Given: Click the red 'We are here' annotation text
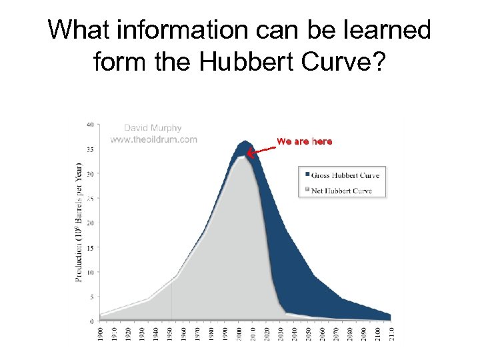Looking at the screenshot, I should (x=304, y=141).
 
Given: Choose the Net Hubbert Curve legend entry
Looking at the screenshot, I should (x=342, y=191).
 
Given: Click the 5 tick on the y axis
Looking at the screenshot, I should (x=91, y=296).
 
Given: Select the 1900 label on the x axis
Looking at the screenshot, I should (x=101, y=333).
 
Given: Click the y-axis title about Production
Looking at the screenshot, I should (x=79, y=222).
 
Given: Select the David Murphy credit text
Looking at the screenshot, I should (x=153, y=128).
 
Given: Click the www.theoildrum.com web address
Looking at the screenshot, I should (x=154, y=139).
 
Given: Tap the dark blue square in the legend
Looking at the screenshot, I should (x=307, y=175).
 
